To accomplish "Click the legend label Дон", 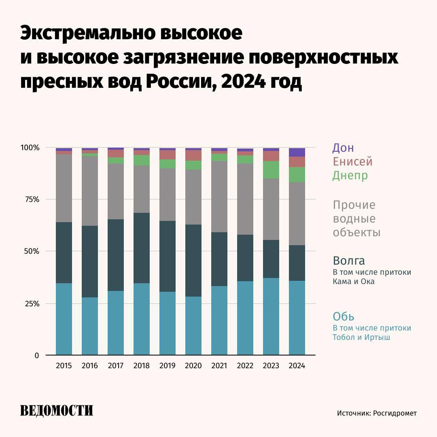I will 343,148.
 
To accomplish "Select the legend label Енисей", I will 352,162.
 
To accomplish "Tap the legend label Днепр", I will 350,176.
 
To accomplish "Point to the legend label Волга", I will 349,260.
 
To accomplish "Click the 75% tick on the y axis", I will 31,199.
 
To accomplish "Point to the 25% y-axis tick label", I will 31,304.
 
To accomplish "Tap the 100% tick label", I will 30,148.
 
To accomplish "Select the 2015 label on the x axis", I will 64,366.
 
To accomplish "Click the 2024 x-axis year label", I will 297,366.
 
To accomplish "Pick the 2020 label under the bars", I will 193,366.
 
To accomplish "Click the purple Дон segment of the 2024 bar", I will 297,152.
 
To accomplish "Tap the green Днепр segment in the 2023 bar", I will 271,170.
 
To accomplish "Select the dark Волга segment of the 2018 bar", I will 141,248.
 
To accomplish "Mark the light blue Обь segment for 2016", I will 89,326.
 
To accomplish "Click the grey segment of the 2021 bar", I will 219,197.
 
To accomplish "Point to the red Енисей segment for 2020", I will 193,155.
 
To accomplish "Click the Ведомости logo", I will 57,411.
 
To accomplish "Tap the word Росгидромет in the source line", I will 395,413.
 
